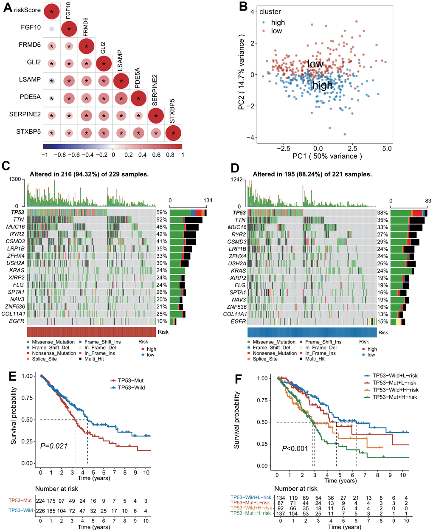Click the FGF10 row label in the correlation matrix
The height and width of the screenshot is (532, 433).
pos(31,28)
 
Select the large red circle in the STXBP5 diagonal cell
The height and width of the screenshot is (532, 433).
pos(173,133)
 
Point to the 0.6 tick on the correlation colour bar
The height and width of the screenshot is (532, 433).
pos(156,155)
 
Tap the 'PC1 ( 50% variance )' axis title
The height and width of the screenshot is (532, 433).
pos(327,156)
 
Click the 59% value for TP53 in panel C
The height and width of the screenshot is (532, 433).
pos(162,213)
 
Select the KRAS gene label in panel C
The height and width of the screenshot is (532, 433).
pos(18,270)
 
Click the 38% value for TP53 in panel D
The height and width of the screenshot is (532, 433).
pos(382,213)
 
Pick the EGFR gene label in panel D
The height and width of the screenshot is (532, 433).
pos(239,321)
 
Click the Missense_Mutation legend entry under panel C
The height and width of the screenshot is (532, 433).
pos(53,342)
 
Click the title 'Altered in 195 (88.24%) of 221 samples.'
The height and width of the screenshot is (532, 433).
pos(312,174)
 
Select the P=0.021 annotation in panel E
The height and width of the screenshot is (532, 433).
pos(53,446)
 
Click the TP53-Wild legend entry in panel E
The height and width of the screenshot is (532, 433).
pos(130,388)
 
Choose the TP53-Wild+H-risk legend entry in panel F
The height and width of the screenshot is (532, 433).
pos(395,390)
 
